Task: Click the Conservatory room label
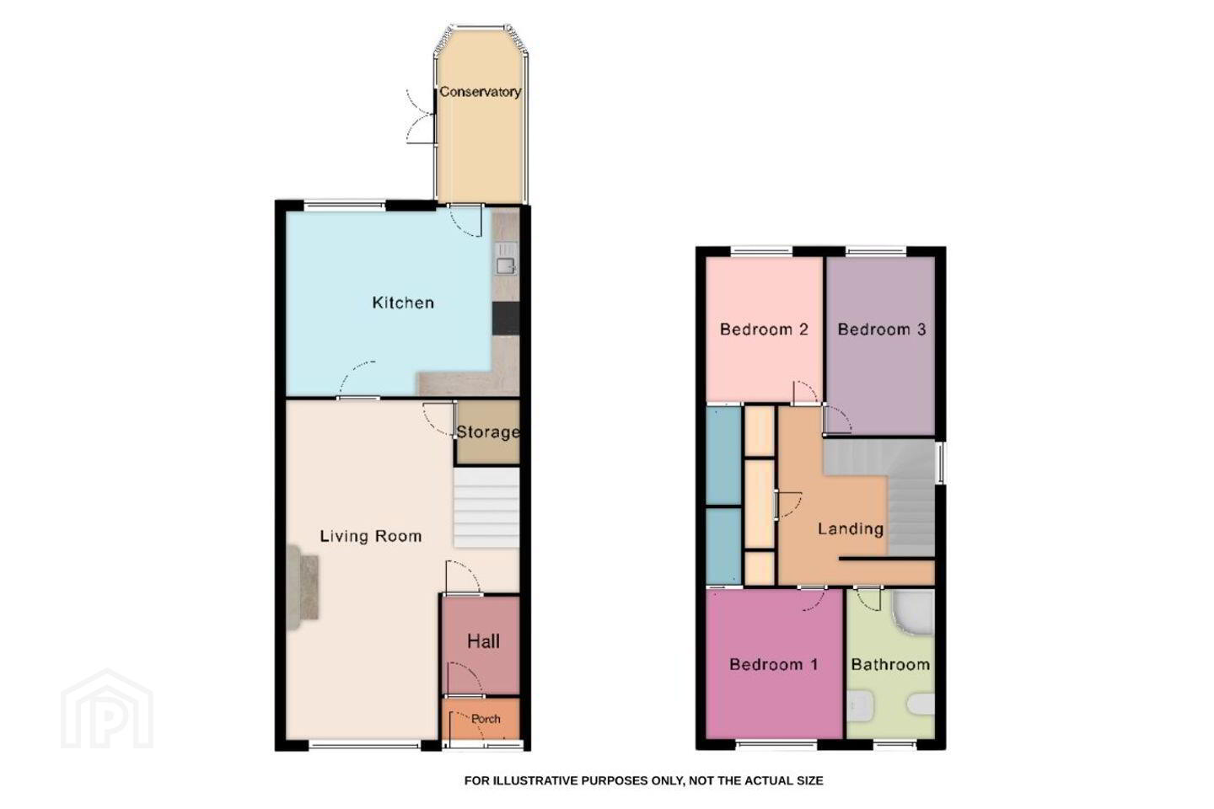point(480,92)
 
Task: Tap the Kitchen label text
point(403,303)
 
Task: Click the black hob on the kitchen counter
point(506,319)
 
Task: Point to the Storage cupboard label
point(488,431)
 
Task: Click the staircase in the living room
point(486,508)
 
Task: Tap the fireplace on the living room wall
point(302,587)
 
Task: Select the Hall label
point(483,641)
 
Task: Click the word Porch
point(486,719)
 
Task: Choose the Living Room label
point(371,537)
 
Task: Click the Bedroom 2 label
point(764,329)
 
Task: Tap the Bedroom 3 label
point(882,329)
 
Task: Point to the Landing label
point(851,529)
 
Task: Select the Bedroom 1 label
point(774,664)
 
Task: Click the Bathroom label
point(890,664)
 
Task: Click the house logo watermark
point(107,709)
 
